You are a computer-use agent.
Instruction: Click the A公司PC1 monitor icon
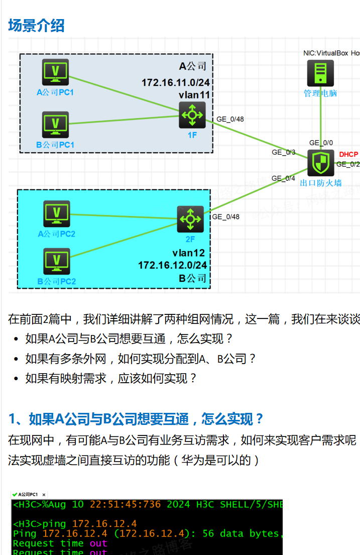(56, 71)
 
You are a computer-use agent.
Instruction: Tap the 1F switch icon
(192, 115)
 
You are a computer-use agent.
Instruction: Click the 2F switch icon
(190, 219)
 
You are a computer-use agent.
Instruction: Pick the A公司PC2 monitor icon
(57, 213)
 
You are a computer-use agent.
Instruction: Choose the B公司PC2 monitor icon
(57, 261)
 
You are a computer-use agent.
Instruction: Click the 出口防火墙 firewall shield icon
(320, 163)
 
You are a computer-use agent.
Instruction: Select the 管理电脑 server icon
(320, 73)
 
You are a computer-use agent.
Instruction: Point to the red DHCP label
(348, 154)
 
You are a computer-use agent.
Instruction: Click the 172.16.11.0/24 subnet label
(175, 82)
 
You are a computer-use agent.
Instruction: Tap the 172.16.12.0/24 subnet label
(172, 265)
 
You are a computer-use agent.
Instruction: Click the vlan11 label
(194, 94)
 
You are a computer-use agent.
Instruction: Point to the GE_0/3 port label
(284, 152)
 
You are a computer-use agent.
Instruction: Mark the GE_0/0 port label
(321, 143)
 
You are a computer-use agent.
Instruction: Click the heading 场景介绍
(36, 25)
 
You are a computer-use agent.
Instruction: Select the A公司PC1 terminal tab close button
(44, 495)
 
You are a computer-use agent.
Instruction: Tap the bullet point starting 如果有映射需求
(111, 378)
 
